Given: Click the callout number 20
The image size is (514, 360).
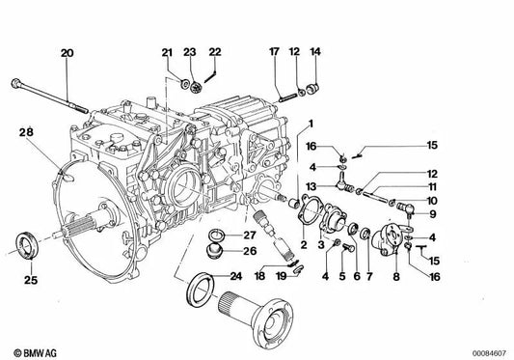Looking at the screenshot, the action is [67, 53].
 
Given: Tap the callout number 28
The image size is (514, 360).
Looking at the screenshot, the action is [26, 132].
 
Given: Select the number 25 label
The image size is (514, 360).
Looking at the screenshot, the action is [31, 280].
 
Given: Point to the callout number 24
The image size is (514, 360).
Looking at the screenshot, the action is [235, 276].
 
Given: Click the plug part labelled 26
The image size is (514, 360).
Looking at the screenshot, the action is [214, 252].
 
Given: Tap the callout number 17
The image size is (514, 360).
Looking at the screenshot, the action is [274, 52].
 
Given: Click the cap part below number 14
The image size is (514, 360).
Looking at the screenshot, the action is [312, 88].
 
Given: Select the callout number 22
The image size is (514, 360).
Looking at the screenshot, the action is [215, 52].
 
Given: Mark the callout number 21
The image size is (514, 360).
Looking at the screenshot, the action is [167, 52].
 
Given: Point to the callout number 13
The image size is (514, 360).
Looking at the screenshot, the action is [311, 186].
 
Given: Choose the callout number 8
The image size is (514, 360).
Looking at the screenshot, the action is [396, 277].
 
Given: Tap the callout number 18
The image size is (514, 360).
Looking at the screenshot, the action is [259, 276].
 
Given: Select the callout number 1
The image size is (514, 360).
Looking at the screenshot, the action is [311, 125].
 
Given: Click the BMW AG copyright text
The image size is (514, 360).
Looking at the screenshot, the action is [35, 353].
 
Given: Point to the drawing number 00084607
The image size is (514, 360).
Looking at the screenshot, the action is [489, 353].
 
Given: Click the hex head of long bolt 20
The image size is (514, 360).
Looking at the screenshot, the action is [15, 83].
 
